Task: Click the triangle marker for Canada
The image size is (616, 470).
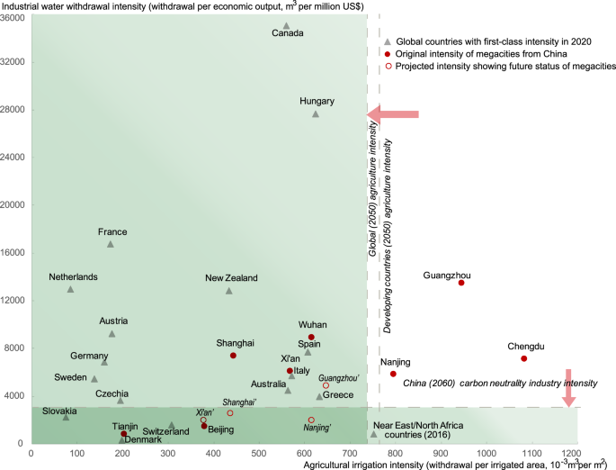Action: tap(286, 26)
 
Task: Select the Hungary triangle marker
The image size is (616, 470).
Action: tap(316, 114)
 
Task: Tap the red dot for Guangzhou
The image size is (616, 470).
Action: tap(461, 283)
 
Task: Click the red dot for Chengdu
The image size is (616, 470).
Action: tap(524, 358)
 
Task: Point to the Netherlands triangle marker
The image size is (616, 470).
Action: tap(70, 289)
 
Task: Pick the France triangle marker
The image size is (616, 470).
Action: tap(111, 244)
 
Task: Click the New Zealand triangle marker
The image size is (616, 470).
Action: tap(229, 291)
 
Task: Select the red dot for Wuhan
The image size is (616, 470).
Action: tap(311, 337)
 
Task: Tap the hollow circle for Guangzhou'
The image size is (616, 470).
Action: tap(326, 385)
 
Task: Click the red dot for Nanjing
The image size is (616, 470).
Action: tap(393, 374)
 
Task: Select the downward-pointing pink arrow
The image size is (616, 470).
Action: tap(567, 387)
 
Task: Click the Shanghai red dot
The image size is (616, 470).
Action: tap(233, 356)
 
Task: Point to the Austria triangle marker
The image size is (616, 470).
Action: tap(112, 334)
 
